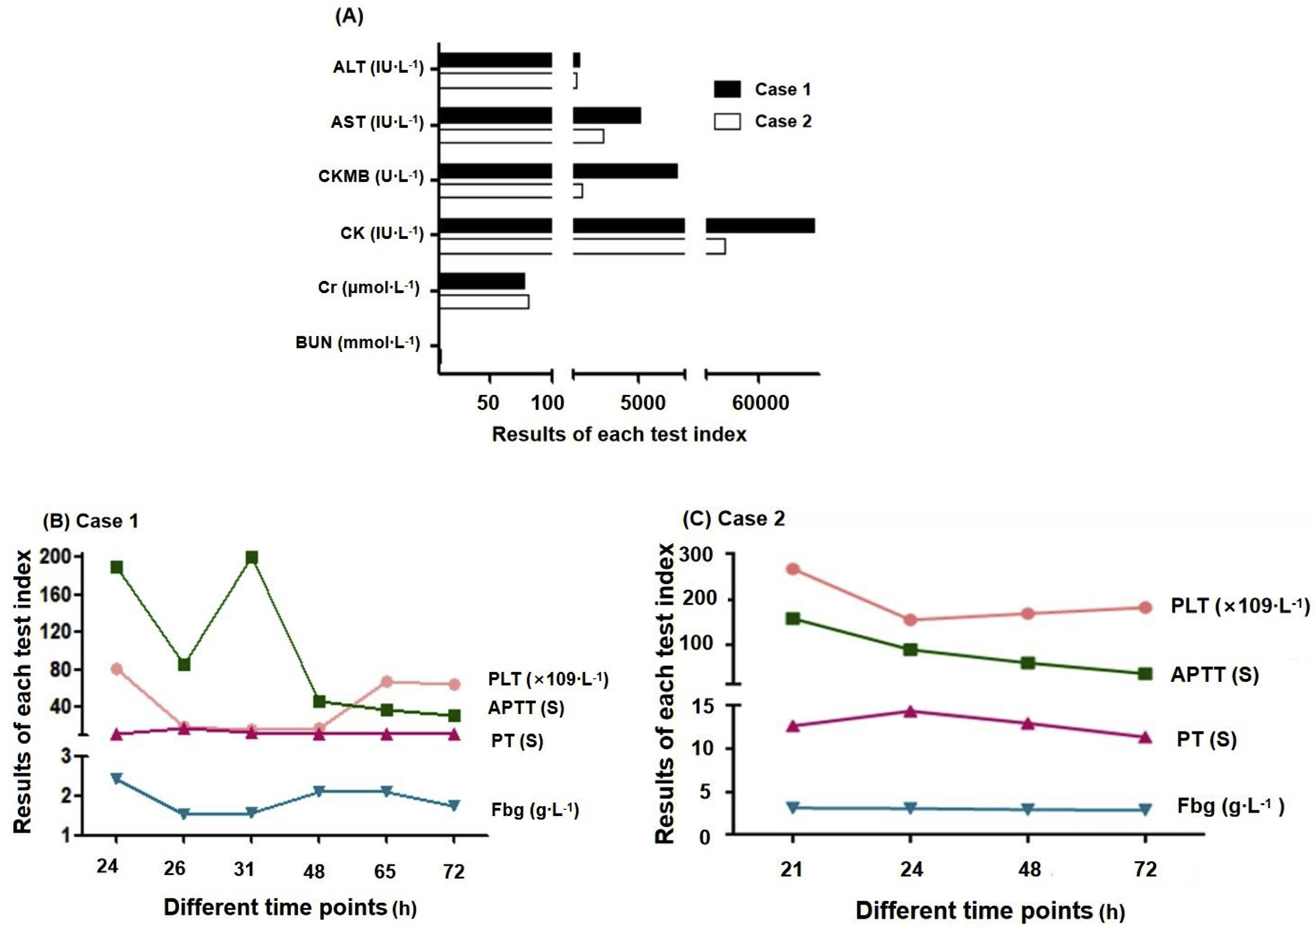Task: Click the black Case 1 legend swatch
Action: (x=727, y=89)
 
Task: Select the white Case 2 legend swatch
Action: (x=727, y=121)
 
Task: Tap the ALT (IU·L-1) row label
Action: (x=378, y=67)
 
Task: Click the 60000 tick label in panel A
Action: (x=760, y=403)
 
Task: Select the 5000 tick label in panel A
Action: (x=642, y=403)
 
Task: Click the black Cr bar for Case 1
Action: (x=482, y=281)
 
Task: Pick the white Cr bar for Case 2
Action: (x=484, y=302)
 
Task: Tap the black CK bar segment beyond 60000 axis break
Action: (x=760, y=225)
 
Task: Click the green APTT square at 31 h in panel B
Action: (x=251, y=558)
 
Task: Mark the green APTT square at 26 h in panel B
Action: (x=184, y=664)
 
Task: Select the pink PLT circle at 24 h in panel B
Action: (x=117, y=669)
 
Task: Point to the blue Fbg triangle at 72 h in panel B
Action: (x=454, y=805)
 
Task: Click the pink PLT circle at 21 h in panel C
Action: (x=793, y=569)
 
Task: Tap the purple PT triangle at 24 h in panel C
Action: (x=910, y=711)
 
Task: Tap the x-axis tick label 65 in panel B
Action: (x=385, y=872)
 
